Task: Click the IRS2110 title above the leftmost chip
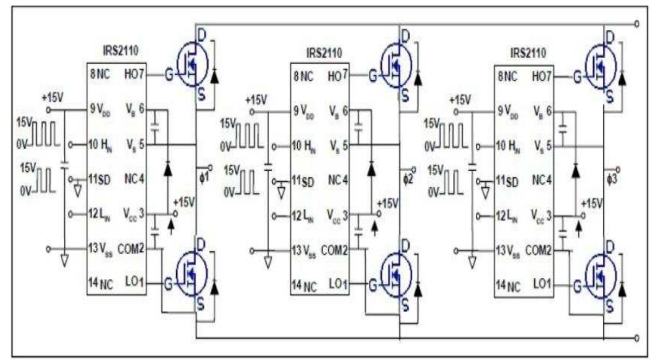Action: coord(120,50)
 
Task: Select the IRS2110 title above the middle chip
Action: coord(324,53)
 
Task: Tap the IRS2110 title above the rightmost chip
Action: coord(528,53)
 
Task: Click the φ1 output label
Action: coord(204,178)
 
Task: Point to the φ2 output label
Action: coord(407,179)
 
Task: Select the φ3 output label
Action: coord(612,179)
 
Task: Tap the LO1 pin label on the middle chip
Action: coord(338,284)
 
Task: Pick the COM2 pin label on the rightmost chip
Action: coord(538,250)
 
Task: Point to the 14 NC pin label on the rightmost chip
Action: coord(508,286)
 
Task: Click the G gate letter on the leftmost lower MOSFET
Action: coord(168,284)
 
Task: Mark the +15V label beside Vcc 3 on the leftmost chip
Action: coord(184,202)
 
